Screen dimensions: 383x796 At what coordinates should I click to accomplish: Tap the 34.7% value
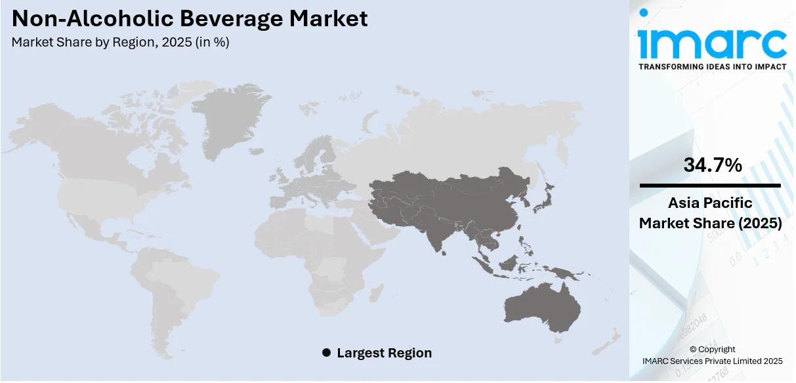(x=713, y=165)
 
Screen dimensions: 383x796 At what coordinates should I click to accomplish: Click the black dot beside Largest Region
(x=326, y=353)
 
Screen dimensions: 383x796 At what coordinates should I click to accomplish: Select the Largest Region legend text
(x=384, y=353)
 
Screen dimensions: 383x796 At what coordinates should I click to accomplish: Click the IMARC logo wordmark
(x=712, y=44)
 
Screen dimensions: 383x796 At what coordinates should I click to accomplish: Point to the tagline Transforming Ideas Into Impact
(x=712, y=67)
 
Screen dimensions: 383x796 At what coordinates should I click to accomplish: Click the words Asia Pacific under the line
(x=711, y=203)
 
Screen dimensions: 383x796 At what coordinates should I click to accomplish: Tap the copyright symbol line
(x=711, y=349)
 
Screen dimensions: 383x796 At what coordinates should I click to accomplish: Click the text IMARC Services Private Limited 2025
(x=711, y=361)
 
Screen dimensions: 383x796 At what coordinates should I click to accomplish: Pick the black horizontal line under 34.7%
(x=711, y=186)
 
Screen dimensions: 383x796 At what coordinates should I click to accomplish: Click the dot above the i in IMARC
(x=644, y=13)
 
